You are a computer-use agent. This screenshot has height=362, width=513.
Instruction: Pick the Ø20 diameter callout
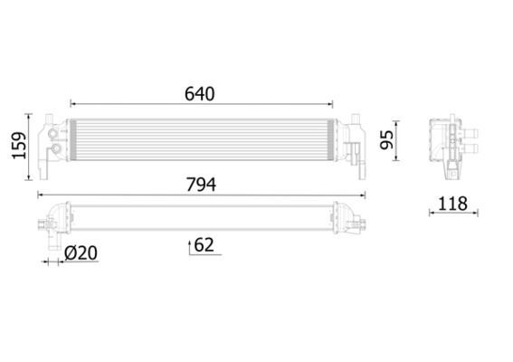tap(81, 254)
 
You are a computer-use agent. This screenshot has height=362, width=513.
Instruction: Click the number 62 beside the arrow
tap(204, 244)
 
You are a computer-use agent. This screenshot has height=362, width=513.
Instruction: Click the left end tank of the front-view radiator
tap(53, 142)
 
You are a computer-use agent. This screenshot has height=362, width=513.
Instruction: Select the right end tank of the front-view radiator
tap(352, 143)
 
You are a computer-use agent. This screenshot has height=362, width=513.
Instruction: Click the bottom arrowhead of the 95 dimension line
tap(402, 160)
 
